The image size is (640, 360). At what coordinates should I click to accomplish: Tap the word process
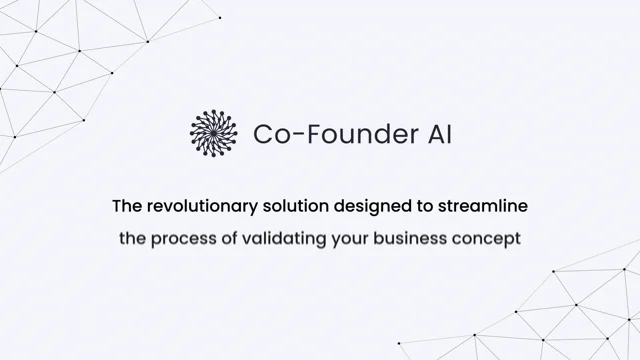click(182, 241)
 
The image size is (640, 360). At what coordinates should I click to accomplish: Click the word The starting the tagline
click(126, 207)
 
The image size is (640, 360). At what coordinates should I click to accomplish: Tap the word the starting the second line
click(133, 240)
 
